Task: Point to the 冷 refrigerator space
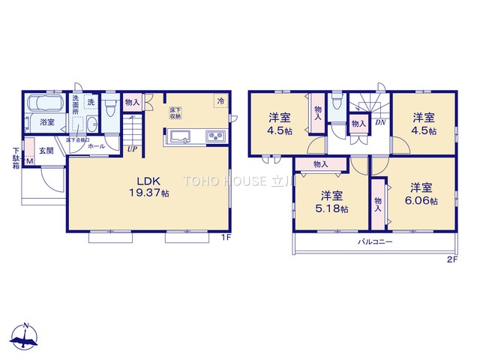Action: pos(220,100)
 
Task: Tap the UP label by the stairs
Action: pos(132,148)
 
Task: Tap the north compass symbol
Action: pos(26,339)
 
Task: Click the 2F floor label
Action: pos(451,259)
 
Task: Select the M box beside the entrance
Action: pos(30,160)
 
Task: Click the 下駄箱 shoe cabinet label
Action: pos(16,157)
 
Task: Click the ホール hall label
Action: pos(96,147)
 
